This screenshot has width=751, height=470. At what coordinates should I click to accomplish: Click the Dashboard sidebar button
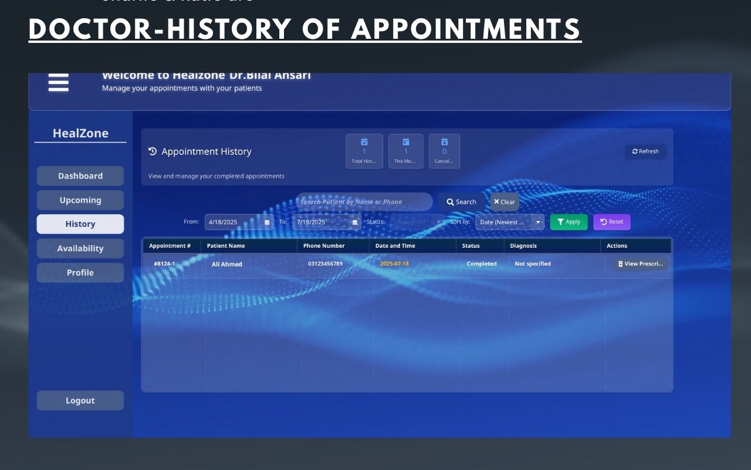pos(80,176)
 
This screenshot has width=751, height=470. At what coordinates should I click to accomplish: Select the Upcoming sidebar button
pos(80,200)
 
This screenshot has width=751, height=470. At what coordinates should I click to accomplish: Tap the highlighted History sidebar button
pos(80,224)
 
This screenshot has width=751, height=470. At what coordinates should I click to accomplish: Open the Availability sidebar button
pos(80,249)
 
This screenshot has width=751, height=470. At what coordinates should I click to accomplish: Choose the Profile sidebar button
pos(80,273)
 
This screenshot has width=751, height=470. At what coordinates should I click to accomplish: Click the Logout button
pos(80,401)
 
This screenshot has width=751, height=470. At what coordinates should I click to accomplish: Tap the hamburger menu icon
pos(59,83)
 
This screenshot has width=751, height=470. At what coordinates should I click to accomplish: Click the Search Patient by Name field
pos(364,202)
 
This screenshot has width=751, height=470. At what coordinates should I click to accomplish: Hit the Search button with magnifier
pos(461,202)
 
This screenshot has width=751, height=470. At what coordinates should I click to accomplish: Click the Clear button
pos(505,202)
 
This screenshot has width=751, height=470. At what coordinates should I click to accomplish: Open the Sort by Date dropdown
pos(510,222)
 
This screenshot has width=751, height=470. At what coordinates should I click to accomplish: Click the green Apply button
pos(569,222)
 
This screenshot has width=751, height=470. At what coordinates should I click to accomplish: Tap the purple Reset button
pos(611,222)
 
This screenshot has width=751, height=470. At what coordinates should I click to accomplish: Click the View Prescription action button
pos(640,264)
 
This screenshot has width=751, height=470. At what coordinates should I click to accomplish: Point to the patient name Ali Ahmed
pos(227,264)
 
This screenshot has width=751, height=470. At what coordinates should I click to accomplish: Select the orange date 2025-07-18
pos(394,264)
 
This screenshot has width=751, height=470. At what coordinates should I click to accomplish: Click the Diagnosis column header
pos(523,246)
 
